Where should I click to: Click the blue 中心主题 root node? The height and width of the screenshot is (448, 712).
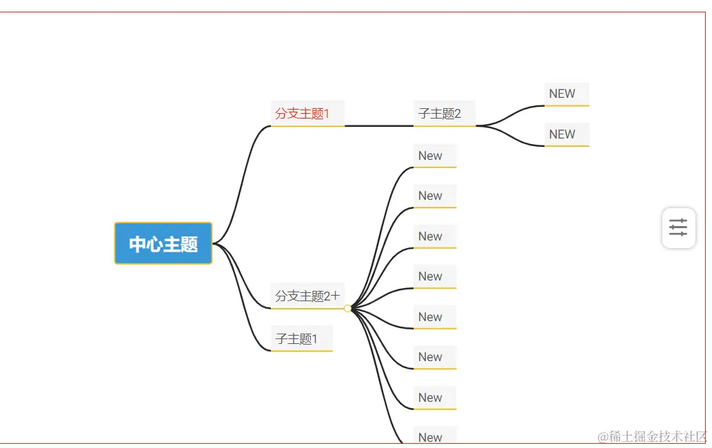tap(163, 243)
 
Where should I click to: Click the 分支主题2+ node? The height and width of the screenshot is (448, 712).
tap(303, 296)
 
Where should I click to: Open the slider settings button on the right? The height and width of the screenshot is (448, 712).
tap(678, 227)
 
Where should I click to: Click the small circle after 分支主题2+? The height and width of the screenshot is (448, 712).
tap(348, 308)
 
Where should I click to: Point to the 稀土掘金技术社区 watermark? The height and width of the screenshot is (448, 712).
tap(652, 436)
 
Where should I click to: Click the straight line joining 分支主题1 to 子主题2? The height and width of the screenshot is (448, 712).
tap(379, 126)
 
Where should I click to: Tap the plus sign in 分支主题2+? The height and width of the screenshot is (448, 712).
tap(336, 296)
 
